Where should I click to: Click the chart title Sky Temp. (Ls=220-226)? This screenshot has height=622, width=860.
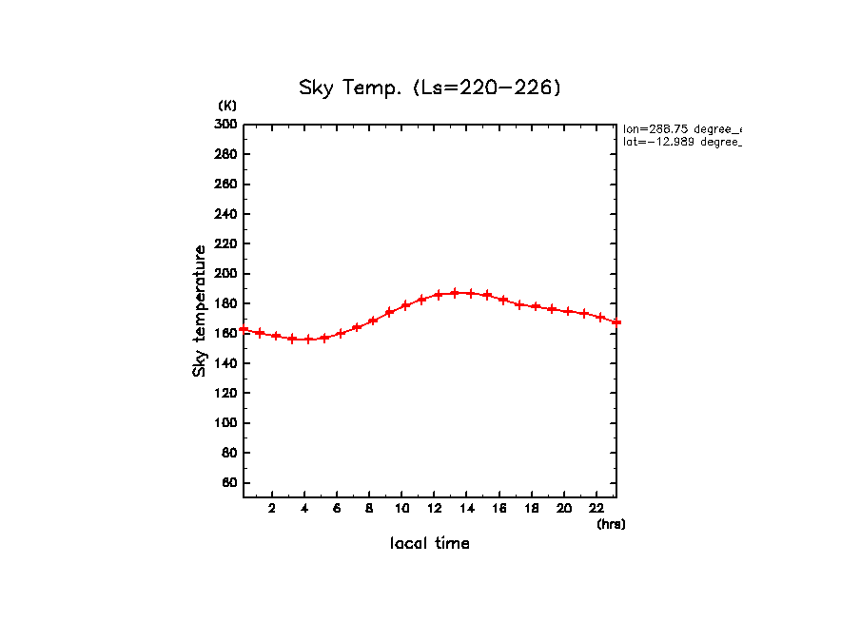[x=430, y=88]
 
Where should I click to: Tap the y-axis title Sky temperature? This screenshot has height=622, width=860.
[x=200, y=311]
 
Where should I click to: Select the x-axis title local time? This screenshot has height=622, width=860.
[x=429, y=543]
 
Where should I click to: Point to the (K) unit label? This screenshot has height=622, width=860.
[x=226, y=106]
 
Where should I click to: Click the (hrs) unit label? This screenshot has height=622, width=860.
[x=611, y=524]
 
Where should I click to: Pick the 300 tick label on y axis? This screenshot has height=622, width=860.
[x=225, y=124]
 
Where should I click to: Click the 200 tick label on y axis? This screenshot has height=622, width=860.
[x=225, y=274]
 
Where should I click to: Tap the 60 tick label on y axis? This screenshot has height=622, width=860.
[x=228, y=483]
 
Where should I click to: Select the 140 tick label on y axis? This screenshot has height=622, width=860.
[x=225, y=363]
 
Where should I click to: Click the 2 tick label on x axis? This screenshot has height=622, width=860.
[x=272, y=508]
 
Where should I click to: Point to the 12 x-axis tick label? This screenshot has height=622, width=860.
[x=434, y=508]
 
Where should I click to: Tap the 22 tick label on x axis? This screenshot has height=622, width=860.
[x=596, y=508]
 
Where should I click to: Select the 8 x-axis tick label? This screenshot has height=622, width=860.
[x=369, y=508]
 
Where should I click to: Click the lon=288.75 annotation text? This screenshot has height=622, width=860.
[x=681, y=128]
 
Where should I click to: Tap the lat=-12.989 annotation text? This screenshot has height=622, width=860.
[x=681, y=142]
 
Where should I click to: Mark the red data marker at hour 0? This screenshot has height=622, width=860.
[x=244, y=329]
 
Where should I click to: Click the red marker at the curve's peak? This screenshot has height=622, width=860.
[x=455, y=293]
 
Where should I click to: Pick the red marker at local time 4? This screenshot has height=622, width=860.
[x=308, y=339]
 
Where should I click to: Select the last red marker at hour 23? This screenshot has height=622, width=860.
[x=616, y=322]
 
